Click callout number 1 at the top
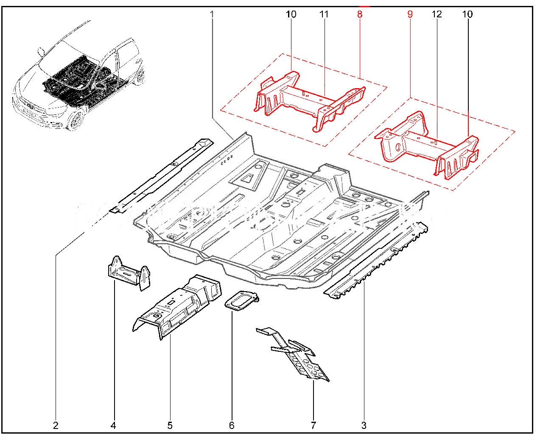click(x=212, y=14)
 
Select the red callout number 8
click(x=360, y=14)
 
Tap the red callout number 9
click(x=410, y=14)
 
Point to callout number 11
click(x=324, y=14)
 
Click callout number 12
click(x=437, y=14)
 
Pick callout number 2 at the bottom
click(x=56, y=425)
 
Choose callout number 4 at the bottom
click(x=113, y=425)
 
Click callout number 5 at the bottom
click(x=170, y=425)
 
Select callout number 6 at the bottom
click(x=232, y=425)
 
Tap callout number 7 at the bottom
click(x=313, y=425)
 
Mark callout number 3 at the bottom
click(x=364, y=425)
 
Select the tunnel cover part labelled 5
click(x=178, y=305)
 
